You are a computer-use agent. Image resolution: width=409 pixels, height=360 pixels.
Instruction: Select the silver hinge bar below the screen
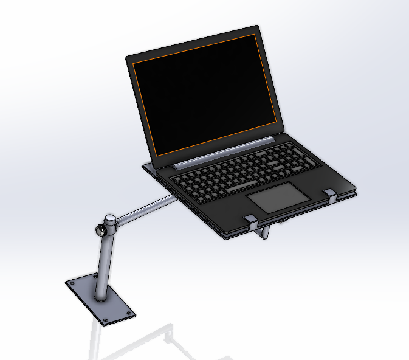(x=225, y=153)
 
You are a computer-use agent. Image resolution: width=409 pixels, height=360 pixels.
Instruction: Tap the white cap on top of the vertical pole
(x=110, y=218)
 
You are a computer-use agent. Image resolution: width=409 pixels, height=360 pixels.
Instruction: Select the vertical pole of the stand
(x=105, y=261)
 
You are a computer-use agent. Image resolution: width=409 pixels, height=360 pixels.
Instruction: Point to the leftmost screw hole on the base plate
(x=72, y=283)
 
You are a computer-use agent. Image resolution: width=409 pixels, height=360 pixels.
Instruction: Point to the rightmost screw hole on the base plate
(x=129, y=313)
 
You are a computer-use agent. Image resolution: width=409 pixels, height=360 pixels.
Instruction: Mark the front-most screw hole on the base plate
(x=106, y=320)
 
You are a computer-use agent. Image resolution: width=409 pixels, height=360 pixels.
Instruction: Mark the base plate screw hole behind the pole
(x=95, y=276)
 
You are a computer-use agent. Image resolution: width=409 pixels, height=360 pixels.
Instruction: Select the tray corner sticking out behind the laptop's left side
(x=146, y=165)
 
